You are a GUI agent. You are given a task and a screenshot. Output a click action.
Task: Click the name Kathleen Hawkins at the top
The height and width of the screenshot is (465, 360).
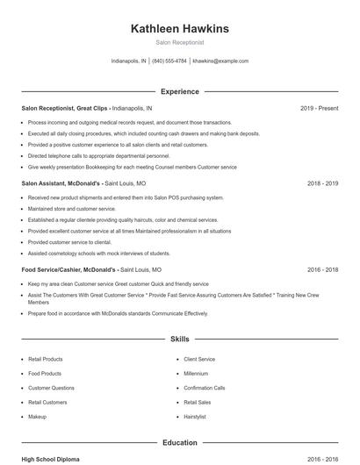(x=179, y=29)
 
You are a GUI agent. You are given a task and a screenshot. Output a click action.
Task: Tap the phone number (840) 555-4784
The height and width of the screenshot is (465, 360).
(x=169, y=61)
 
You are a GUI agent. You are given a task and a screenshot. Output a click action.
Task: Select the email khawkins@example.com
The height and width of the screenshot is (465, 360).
(x=220, y=61)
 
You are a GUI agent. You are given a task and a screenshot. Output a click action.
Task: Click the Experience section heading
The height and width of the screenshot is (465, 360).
(x=179, y=91)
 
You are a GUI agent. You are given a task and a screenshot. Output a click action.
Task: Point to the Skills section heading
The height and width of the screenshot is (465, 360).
(x=179, y=338)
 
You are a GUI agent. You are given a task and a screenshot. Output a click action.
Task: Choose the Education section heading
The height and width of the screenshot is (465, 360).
(x=179, y=442)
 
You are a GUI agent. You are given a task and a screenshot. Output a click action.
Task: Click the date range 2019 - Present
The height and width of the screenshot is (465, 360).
(x=319, y=108)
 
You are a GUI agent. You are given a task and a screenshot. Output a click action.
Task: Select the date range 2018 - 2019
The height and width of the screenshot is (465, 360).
(x=322, y=184)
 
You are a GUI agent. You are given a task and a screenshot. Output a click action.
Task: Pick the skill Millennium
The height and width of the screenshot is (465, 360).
(x=196, y=373)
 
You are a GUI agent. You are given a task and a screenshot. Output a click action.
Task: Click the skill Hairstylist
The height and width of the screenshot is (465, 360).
(x=195, y=416)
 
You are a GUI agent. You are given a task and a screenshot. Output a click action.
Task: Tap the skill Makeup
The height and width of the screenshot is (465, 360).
(x=37, y=416)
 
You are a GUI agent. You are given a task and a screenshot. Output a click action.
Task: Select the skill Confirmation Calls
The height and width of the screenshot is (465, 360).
(x=205, y=387)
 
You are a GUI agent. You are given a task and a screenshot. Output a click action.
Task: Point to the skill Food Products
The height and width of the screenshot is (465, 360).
(x=45, y=373)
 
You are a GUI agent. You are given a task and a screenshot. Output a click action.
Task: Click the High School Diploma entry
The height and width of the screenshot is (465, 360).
(x=50, y=459)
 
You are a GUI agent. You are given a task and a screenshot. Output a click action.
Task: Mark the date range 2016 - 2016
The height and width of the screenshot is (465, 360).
(x=322, y=459)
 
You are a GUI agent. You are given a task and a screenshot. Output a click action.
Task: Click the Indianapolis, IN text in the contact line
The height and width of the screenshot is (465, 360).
(x=129, y=61)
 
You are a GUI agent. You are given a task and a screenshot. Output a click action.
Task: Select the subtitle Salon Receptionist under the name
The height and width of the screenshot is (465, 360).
(x=179, y=42)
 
